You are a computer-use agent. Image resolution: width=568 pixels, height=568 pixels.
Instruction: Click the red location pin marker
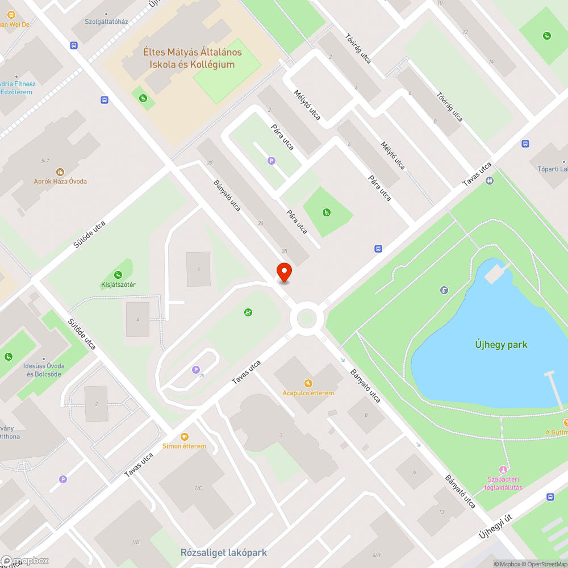pos(283,272)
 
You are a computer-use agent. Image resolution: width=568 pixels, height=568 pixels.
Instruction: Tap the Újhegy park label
pos(501,344)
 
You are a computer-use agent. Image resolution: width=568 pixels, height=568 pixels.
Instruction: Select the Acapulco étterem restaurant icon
pos(308,383)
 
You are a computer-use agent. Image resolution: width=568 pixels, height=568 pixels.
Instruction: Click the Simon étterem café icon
pos(184,436)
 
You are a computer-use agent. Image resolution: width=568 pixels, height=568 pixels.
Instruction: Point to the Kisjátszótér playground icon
pos(118,275)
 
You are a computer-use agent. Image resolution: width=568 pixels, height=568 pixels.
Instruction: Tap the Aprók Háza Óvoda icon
pos(60,172)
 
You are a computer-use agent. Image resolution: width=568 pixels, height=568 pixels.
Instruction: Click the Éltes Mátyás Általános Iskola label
pos(192,58)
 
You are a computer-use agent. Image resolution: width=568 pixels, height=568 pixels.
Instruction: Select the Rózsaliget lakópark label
pos(223,552)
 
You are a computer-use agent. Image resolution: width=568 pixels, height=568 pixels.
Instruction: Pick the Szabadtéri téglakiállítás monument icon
pos(502,470)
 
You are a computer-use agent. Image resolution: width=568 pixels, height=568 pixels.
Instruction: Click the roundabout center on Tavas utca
pos(306,319)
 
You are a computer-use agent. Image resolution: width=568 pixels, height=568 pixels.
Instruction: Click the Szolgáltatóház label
pos(107,22)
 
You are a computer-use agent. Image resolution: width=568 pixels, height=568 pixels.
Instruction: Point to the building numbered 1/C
pos(199,488)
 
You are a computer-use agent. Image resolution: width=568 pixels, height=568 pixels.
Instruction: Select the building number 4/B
pos(376,554)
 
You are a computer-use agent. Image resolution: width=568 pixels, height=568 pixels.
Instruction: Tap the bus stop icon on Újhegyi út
pos(550,496)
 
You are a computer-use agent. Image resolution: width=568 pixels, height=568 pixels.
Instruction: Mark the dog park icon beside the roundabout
pos(248,312)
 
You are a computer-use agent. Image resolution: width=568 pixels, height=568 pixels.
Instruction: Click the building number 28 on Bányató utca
pos(284,250)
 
